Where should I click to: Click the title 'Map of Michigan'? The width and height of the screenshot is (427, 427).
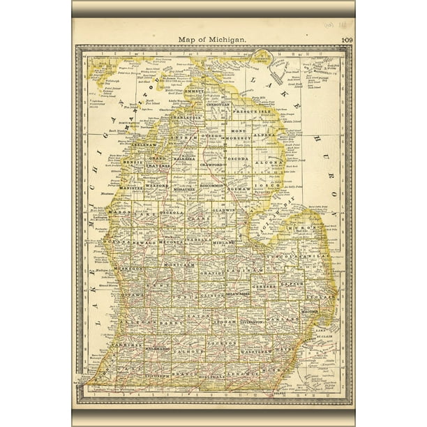213,40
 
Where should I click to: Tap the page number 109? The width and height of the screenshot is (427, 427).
347,40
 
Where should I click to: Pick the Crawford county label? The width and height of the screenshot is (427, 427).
216,165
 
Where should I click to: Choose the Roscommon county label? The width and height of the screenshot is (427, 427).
211,186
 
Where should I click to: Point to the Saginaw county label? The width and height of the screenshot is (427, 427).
248,269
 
